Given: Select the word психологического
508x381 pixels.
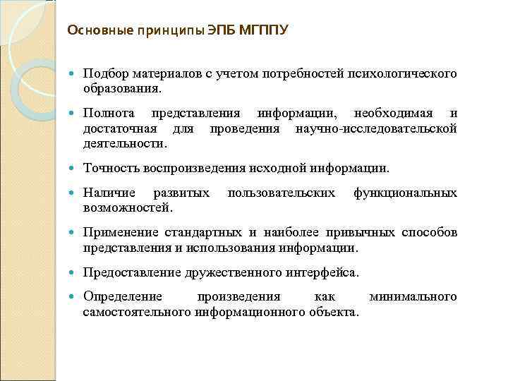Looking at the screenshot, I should click(404, 73).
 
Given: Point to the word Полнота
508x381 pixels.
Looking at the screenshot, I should click(106, 113).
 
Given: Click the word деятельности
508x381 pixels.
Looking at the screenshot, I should click(125, 144).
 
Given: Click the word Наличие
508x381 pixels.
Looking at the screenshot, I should click(107, 192).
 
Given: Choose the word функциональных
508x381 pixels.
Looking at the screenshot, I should click(405, 192).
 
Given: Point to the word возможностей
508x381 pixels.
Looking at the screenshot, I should click(127, 208).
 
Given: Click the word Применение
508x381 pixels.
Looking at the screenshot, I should click(119, 232).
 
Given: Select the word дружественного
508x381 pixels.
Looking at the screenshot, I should click(232, 272).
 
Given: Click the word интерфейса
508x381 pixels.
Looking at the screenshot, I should click(324, 272).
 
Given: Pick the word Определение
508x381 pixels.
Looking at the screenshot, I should click(122, 296).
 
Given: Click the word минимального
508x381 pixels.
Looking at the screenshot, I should click(413, 296).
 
